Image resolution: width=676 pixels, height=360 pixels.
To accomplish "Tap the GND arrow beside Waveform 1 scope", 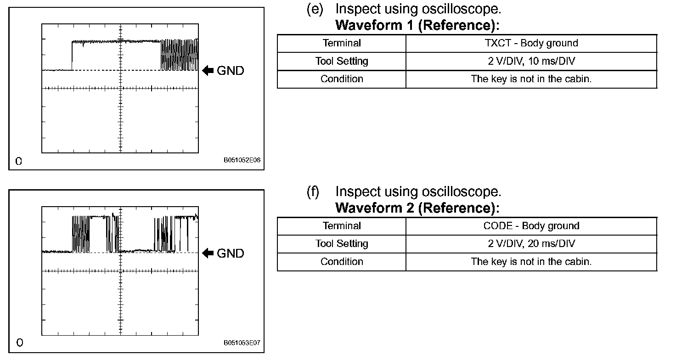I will pos(208,71).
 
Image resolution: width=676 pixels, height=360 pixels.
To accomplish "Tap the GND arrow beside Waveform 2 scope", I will pos(208,253).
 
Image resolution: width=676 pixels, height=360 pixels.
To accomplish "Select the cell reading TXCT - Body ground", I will pos(531,43).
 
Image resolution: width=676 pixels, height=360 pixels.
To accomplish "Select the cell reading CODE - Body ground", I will pos(531,226).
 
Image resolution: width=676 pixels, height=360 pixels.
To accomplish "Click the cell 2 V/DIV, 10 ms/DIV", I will pos(531,61).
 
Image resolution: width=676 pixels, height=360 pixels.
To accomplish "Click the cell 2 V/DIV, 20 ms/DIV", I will pos(531,244).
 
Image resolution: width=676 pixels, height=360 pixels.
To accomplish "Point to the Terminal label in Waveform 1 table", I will pos(342,43).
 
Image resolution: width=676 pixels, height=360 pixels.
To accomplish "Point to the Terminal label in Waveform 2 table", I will pos(342,226).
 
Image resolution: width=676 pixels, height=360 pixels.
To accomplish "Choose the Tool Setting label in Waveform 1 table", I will pos(342,61).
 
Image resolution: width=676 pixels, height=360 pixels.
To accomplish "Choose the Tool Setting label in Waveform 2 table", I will pos(342,244).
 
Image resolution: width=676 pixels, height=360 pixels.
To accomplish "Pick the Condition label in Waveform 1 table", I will pos(342,79).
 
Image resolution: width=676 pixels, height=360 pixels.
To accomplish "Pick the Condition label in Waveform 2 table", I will pos(342,262).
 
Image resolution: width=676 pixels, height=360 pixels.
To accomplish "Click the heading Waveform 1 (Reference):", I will pos(417,25).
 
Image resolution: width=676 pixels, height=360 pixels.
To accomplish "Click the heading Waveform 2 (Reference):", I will pos(417,208).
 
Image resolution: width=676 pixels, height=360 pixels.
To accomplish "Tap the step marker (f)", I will pos(313,191).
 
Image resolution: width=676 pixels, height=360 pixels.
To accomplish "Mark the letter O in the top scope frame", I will pos(18,161).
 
